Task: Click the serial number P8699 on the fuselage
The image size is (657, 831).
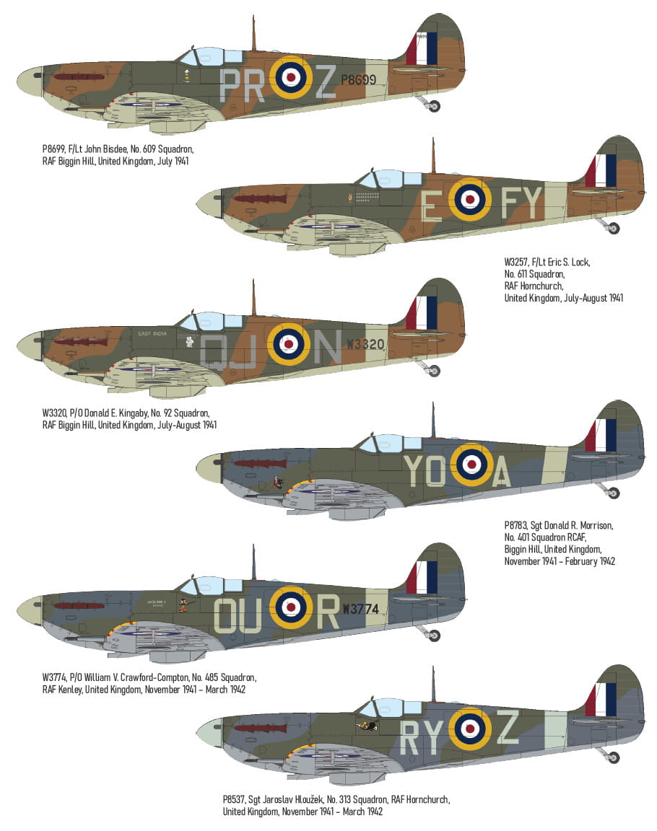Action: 358,80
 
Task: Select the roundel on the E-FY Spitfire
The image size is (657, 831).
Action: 469,199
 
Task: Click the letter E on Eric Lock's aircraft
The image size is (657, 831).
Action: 432,206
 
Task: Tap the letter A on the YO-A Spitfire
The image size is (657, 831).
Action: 500,472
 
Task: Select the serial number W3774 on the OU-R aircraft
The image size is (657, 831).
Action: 360,609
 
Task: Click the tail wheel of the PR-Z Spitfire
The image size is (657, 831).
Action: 433,107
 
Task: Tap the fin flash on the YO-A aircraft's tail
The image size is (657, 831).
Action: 601,435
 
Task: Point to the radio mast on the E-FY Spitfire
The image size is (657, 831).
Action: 433,155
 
